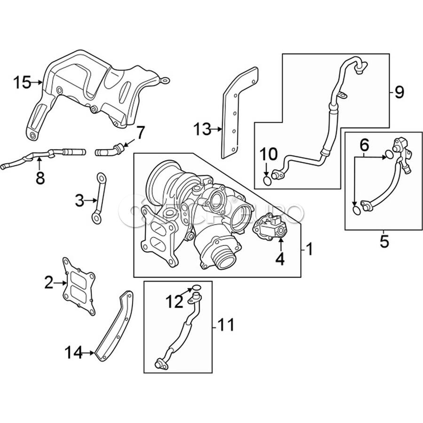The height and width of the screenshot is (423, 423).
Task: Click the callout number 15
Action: pos(22,83)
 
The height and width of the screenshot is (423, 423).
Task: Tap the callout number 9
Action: pos(399,93)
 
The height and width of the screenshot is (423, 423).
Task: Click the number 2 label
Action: pos(49,283)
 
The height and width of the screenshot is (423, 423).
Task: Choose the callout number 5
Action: pos(384,242)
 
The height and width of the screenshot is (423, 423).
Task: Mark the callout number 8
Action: pos(40,178)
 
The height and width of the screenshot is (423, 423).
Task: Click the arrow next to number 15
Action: pos(37,83)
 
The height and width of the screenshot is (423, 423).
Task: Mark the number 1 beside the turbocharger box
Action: pos(309,248)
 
